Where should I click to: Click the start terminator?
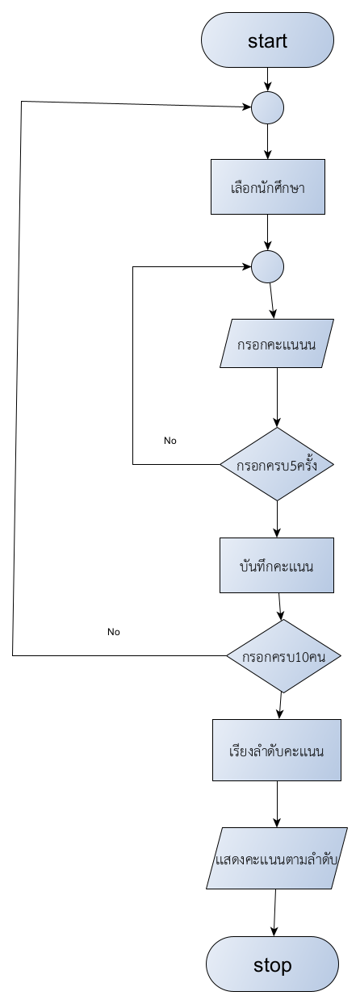tap(267, 40)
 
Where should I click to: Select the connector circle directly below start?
tap(268, 107)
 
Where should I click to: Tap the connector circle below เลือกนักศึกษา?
tap(268, 266)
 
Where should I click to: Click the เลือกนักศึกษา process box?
tap(268, 186)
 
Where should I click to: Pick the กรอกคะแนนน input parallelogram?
tap(277, 343)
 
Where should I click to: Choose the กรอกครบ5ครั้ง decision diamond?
tap(277, 464)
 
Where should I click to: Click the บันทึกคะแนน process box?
tap(277, 565)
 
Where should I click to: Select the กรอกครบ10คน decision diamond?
tap(283, 656)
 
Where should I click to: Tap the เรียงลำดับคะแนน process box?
tap(277, 751)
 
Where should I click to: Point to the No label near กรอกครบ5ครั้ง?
tap(170, 441)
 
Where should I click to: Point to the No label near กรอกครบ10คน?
tap(114, 631)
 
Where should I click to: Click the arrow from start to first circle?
tap(268, 79)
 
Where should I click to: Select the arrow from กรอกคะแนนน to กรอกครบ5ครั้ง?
tap(277, 398)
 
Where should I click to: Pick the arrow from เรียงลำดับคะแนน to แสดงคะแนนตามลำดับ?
tap(277, 804)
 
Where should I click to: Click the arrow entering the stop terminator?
tap(274, 913)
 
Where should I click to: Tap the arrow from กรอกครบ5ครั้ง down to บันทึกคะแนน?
tap(277, 519)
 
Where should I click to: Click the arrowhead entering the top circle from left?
tap(246, 107)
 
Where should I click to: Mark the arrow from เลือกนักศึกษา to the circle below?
tap(268, 232)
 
